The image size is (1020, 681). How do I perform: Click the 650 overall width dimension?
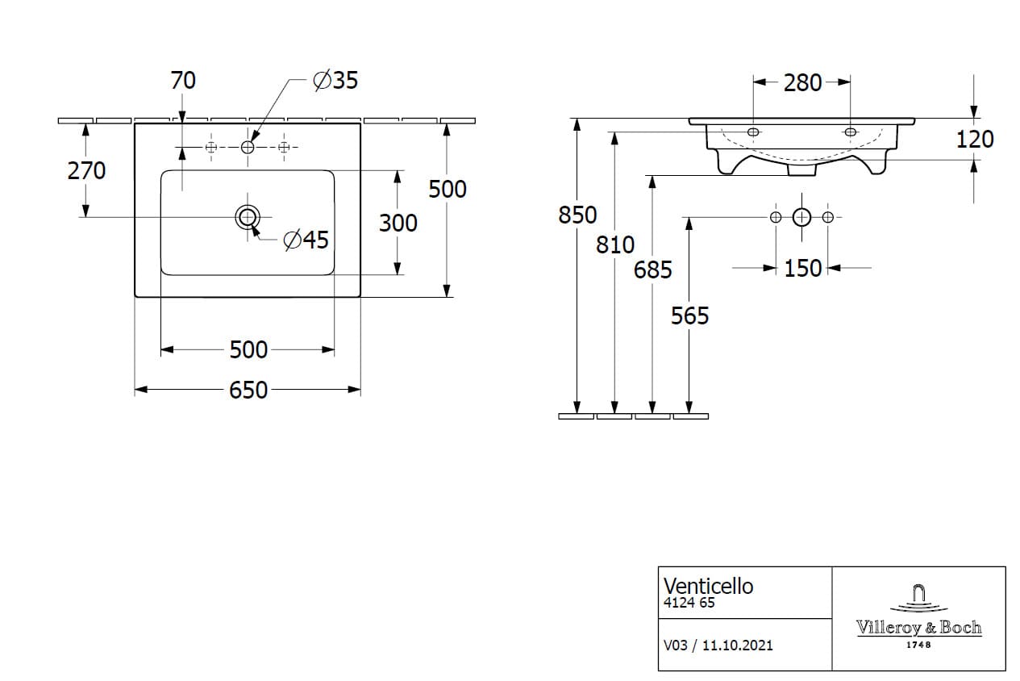pos(248,390)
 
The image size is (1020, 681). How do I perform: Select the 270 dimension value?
pos(86,171)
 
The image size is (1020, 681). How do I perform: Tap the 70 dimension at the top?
pos(183,80)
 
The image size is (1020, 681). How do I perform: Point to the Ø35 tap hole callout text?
pos(335,80)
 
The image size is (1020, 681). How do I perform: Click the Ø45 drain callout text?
pos(306,240)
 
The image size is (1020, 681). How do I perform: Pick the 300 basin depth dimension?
pos(398,224)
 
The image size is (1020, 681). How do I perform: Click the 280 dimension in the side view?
pos(802,83)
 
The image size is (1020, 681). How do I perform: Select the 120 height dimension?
pos(975,140)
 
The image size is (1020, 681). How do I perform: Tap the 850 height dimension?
pos(577,215)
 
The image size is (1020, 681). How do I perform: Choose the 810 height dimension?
pos(615,245)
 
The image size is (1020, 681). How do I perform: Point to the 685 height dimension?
pos(652,269)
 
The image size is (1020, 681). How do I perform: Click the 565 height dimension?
pos(690,316)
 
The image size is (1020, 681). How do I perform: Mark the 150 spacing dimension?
pos(803,269)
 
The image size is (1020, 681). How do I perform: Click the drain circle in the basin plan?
pos(248,217)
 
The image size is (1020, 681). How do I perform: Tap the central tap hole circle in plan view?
pos(248,147)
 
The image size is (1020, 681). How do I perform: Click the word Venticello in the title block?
pos(709,587)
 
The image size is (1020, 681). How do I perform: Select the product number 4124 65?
pos(689,603)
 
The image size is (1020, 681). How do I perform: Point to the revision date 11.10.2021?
pos(738,645)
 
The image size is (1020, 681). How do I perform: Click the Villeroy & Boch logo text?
pos(919,628)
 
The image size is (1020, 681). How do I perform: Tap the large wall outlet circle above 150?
pos(801,217)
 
